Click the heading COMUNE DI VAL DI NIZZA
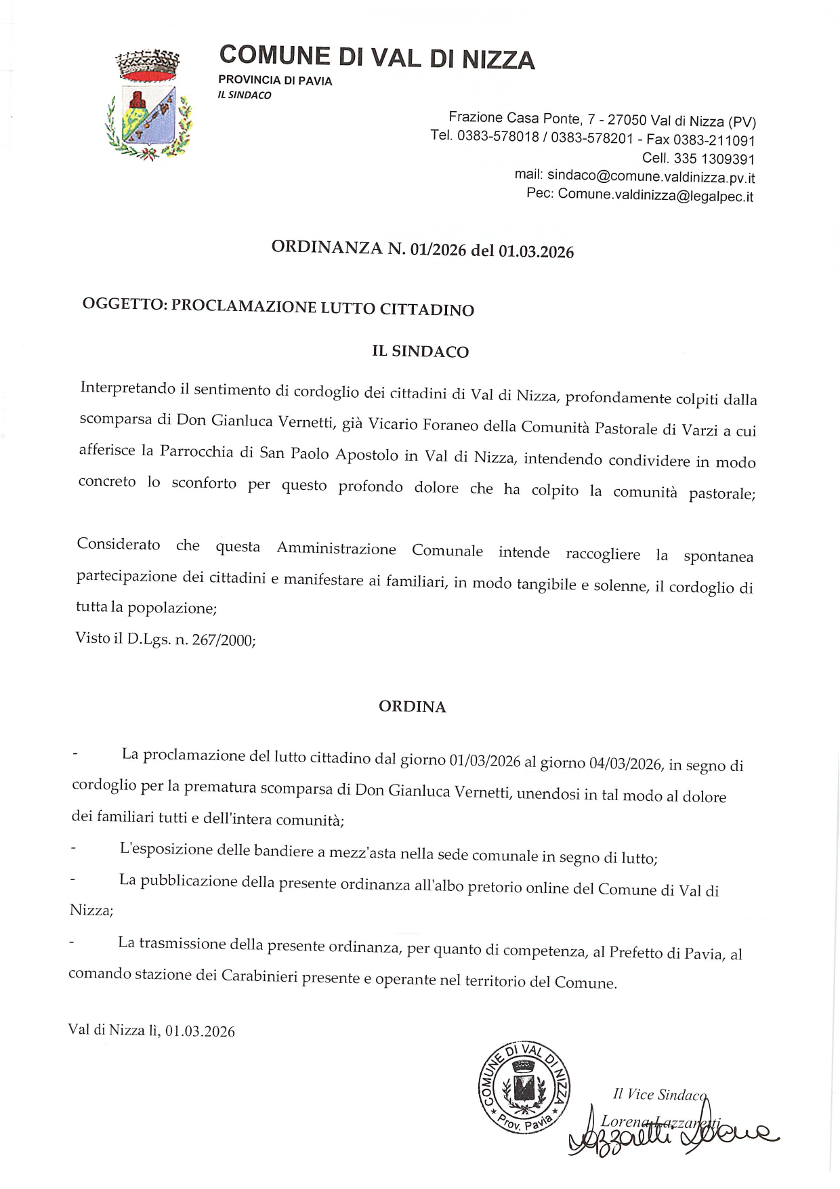coord(377,58)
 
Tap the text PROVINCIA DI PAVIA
coord(275,81)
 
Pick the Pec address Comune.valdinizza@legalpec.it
coord(655,196)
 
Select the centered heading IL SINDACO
coord(420,351)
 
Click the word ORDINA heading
coord(412,707)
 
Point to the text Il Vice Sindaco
coord(659,1093)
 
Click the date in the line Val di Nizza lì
coord(200,1031)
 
